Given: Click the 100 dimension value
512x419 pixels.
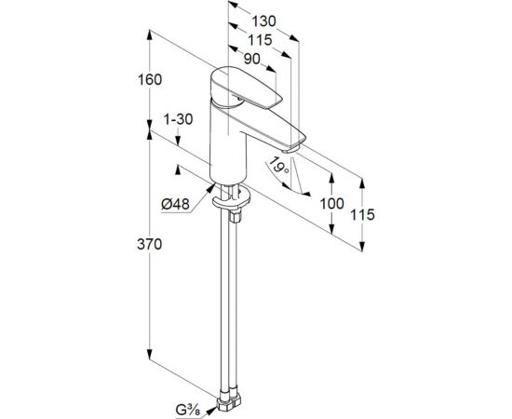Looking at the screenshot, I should tap(330, 202).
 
